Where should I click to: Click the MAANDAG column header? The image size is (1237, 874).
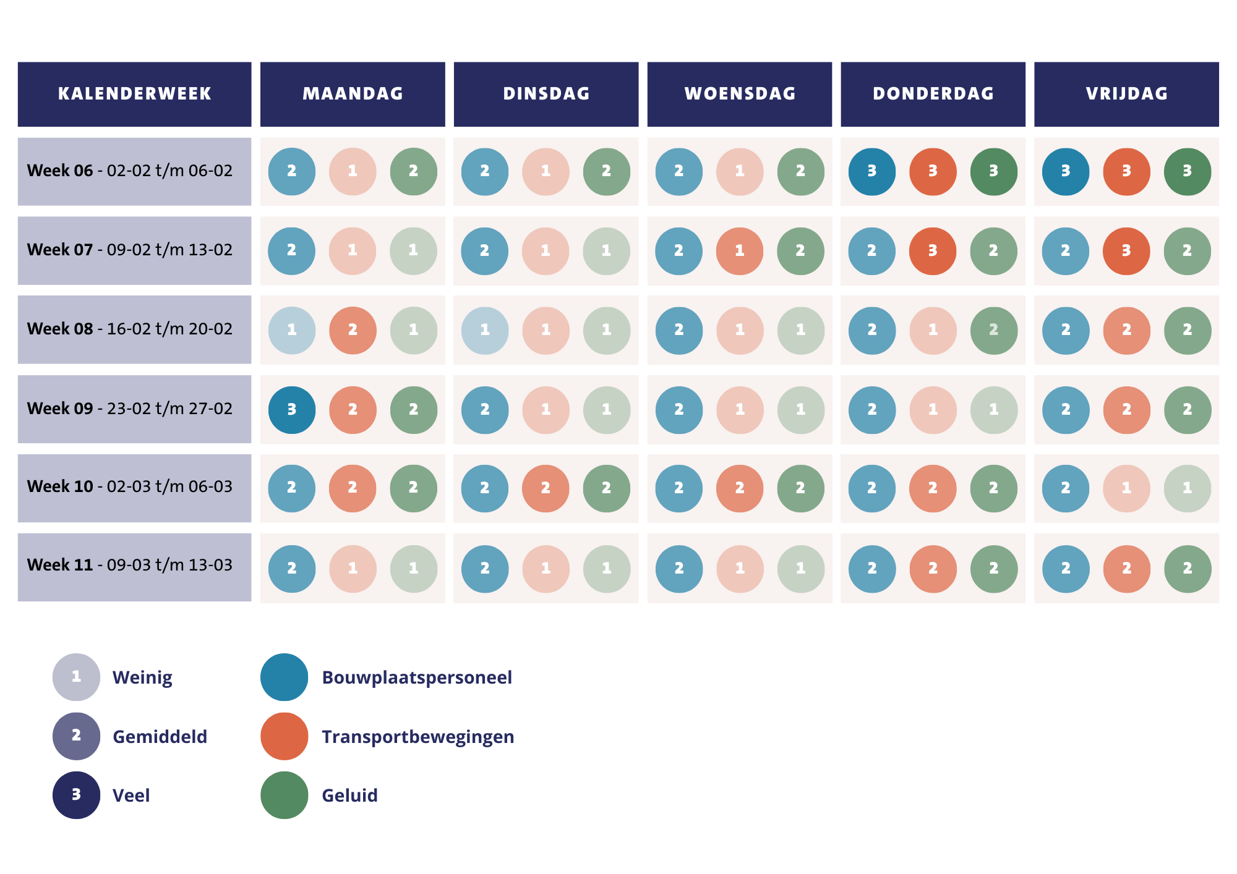[353, 94]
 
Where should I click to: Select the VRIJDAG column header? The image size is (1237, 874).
[1126, 94]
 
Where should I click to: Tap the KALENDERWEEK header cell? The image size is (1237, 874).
[134, 94]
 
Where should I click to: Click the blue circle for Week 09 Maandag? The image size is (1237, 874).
[292, 410]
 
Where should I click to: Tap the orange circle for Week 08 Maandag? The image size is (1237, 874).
[353, 330]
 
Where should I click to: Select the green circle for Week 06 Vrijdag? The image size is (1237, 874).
[1187, 171]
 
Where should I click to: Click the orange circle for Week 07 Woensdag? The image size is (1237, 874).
[740, 251]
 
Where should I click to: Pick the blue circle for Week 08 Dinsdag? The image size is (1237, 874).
[485, 330]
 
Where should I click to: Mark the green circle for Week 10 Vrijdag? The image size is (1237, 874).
[1187, 488]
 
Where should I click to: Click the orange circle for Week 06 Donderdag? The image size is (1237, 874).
[933, 171]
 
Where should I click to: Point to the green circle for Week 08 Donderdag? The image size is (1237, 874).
[993, 330]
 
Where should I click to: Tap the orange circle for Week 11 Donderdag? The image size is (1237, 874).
[933, 569]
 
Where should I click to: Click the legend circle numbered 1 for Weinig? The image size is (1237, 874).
[76, 677]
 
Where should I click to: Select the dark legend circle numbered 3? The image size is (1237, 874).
[76, 795]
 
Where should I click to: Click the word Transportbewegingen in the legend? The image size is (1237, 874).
[417, 737]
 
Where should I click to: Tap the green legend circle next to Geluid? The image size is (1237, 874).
[284, 795]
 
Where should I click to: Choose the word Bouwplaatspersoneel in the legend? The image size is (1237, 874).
[416, 677]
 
